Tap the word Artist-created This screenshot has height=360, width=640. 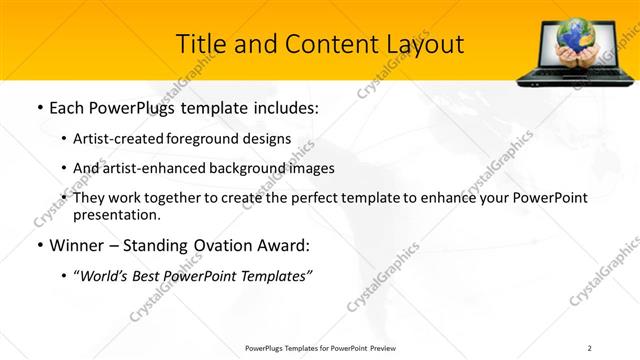(x=111, y=138)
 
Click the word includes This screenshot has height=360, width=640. (x=284, y=107)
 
